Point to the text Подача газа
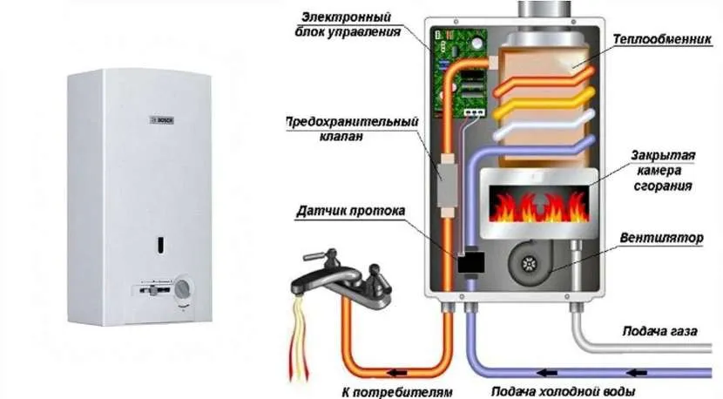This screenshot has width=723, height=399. click(659, 331)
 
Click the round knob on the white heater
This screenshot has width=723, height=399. click(182, 291)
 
